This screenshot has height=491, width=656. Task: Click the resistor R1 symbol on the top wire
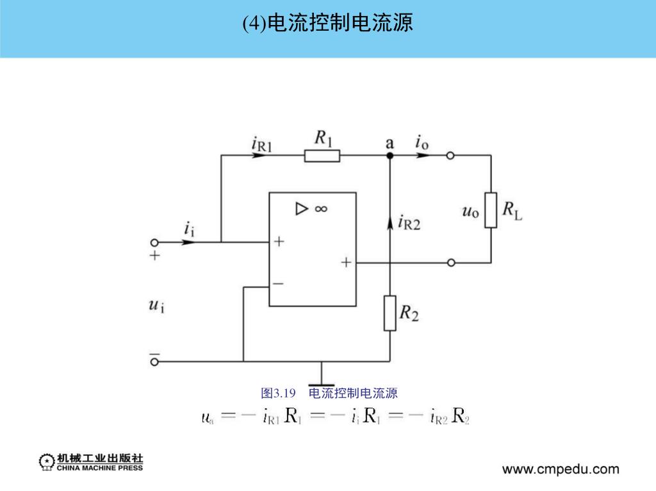tap(322, 156)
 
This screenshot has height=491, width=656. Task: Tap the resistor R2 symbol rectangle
tap(390, 313)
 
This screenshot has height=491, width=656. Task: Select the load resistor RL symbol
tap(491, 210)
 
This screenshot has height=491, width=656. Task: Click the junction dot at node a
tap(390, 156)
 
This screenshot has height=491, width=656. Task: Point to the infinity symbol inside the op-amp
tap(321, 208)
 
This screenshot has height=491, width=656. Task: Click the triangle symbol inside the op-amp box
tap(301, 208)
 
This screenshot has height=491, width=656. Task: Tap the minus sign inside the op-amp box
tap(278, 283)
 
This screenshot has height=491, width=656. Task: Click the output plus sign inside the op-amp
tap(346, 262)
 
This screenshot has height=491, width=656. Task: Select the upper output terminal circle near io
tap(451, 156)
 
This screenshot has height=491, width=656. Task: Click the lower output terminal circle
tap(451, 263)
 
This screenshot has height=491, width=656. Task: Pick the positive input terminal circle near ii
tap(154, 242)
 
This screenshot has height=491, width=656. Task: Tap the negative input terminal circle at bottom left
tap(154, 362)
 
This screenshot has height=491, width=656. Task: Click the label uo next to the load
tap(470, 210)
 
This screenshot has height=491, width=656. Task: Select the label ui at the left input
tap(156, 306)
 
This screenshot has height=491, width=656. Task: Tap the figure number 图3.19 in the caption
tap(277, 393)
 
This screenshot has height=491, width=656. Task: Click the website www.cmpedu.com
tap(561, 469)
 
